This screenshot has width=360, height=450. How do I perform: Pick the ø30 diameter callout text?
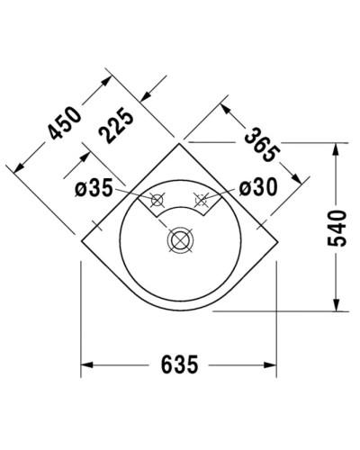click(259, 188)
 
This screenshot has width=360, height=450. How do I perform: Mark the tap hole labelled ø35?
click(157, 199)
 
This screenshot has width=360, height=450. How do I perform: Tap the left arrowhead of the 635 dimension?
click(87, 364)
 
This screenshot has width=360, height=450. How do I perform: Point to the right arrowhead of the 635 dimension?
click(276, 364)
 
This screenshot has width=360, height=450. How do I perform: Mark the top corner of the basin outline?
click(181, 142)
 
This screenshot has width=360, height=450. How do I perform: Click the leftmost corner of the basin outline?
click(81, 239)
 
